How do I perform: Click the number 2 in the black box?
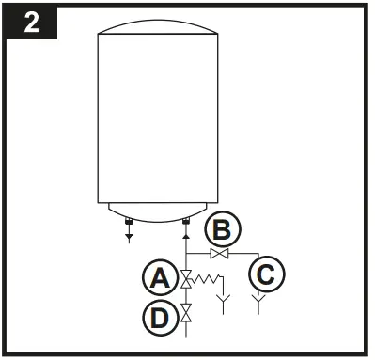[x=31, y=23]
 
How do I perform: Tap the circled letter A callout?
[x=160, y=279]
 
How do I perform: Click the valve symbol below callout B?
[x=219, y=254]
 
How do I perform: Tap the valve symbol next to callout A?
[x=185, y=278]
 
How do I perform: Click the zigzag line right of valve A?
[x=207, y=278]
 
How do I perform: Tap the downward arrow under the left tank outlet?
[x=129, y=238]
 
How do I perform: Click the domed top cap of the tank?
[x=157, y=30]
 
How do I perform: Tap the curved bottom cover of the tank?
[x=157, y=211]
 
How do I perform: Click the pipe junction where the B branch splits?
[x=185, y=254]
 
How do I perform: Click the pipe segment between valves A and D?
[x=185, y=296]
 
